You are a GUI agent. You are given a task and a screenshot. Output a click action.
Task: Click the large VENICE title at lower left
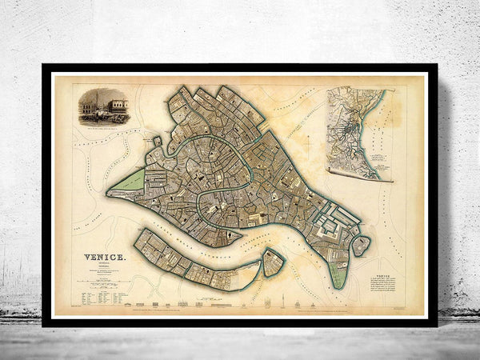104,257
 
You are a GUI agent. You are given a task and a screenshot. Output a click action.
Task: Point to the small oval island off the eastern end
362,245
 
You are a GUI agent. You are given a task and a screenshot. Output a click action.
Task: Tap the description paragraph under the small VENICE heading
384,288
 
